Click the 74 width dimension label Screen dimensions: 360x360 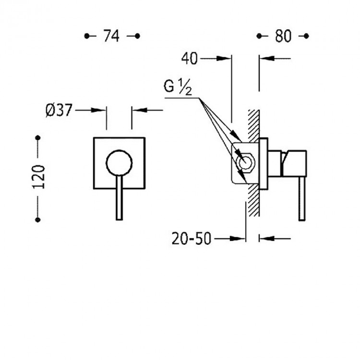click(x=111, y=36)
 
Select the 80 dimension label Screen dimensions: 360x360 click(x=283, y=36)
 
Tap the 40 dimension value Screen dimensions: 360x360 click(x=190, y=59)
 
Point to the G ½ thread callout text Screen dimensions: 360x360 click(x=178, y=87)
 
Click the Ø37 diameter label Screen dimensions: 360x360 click(x=59, y=110)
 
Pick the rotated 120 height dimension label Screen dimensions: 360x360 click(x=38, y=177)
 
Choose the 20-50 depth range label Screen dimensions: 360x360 click(x=191, y=239)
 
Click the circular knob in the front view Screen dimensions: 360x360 click(x=119, y=163)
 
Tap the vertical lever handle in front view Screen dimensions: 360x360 click(x=119, y=198)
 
